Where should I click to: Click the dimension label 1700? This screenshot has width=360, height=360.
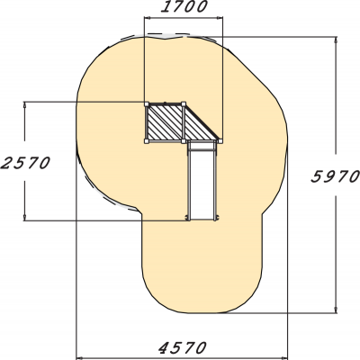[184, 6]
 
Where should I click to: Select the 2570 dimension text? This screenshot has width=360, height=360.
[25, 163]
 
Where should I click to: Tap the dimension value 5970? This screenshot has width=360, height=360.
[335, 176]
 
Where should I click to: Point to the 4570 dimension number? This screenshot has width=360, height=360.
[183, 348]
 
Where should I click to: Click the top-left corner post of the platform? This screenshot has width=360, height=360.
[147, 104]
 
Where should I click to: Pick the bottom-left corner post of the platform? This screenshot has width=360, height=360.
[147, 141]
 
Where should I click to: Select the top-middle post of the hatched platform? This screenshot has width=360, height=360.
[184, 104]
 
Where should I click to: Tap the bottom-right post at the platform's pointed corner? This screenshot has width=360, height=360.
[220, 141]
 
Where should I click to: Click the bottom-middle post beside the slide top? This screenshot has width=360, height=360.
[184, 141]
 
